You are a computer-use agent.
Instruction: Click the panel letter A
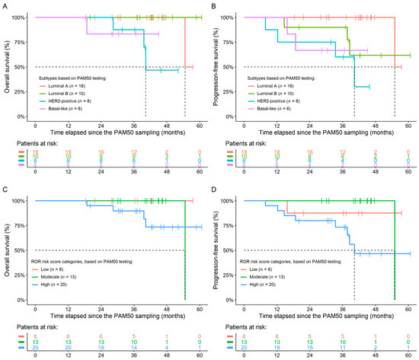4,5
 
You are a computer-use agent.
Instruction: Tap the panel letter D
216,187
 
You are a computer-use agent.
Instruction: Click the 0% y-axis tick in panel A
23,116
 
